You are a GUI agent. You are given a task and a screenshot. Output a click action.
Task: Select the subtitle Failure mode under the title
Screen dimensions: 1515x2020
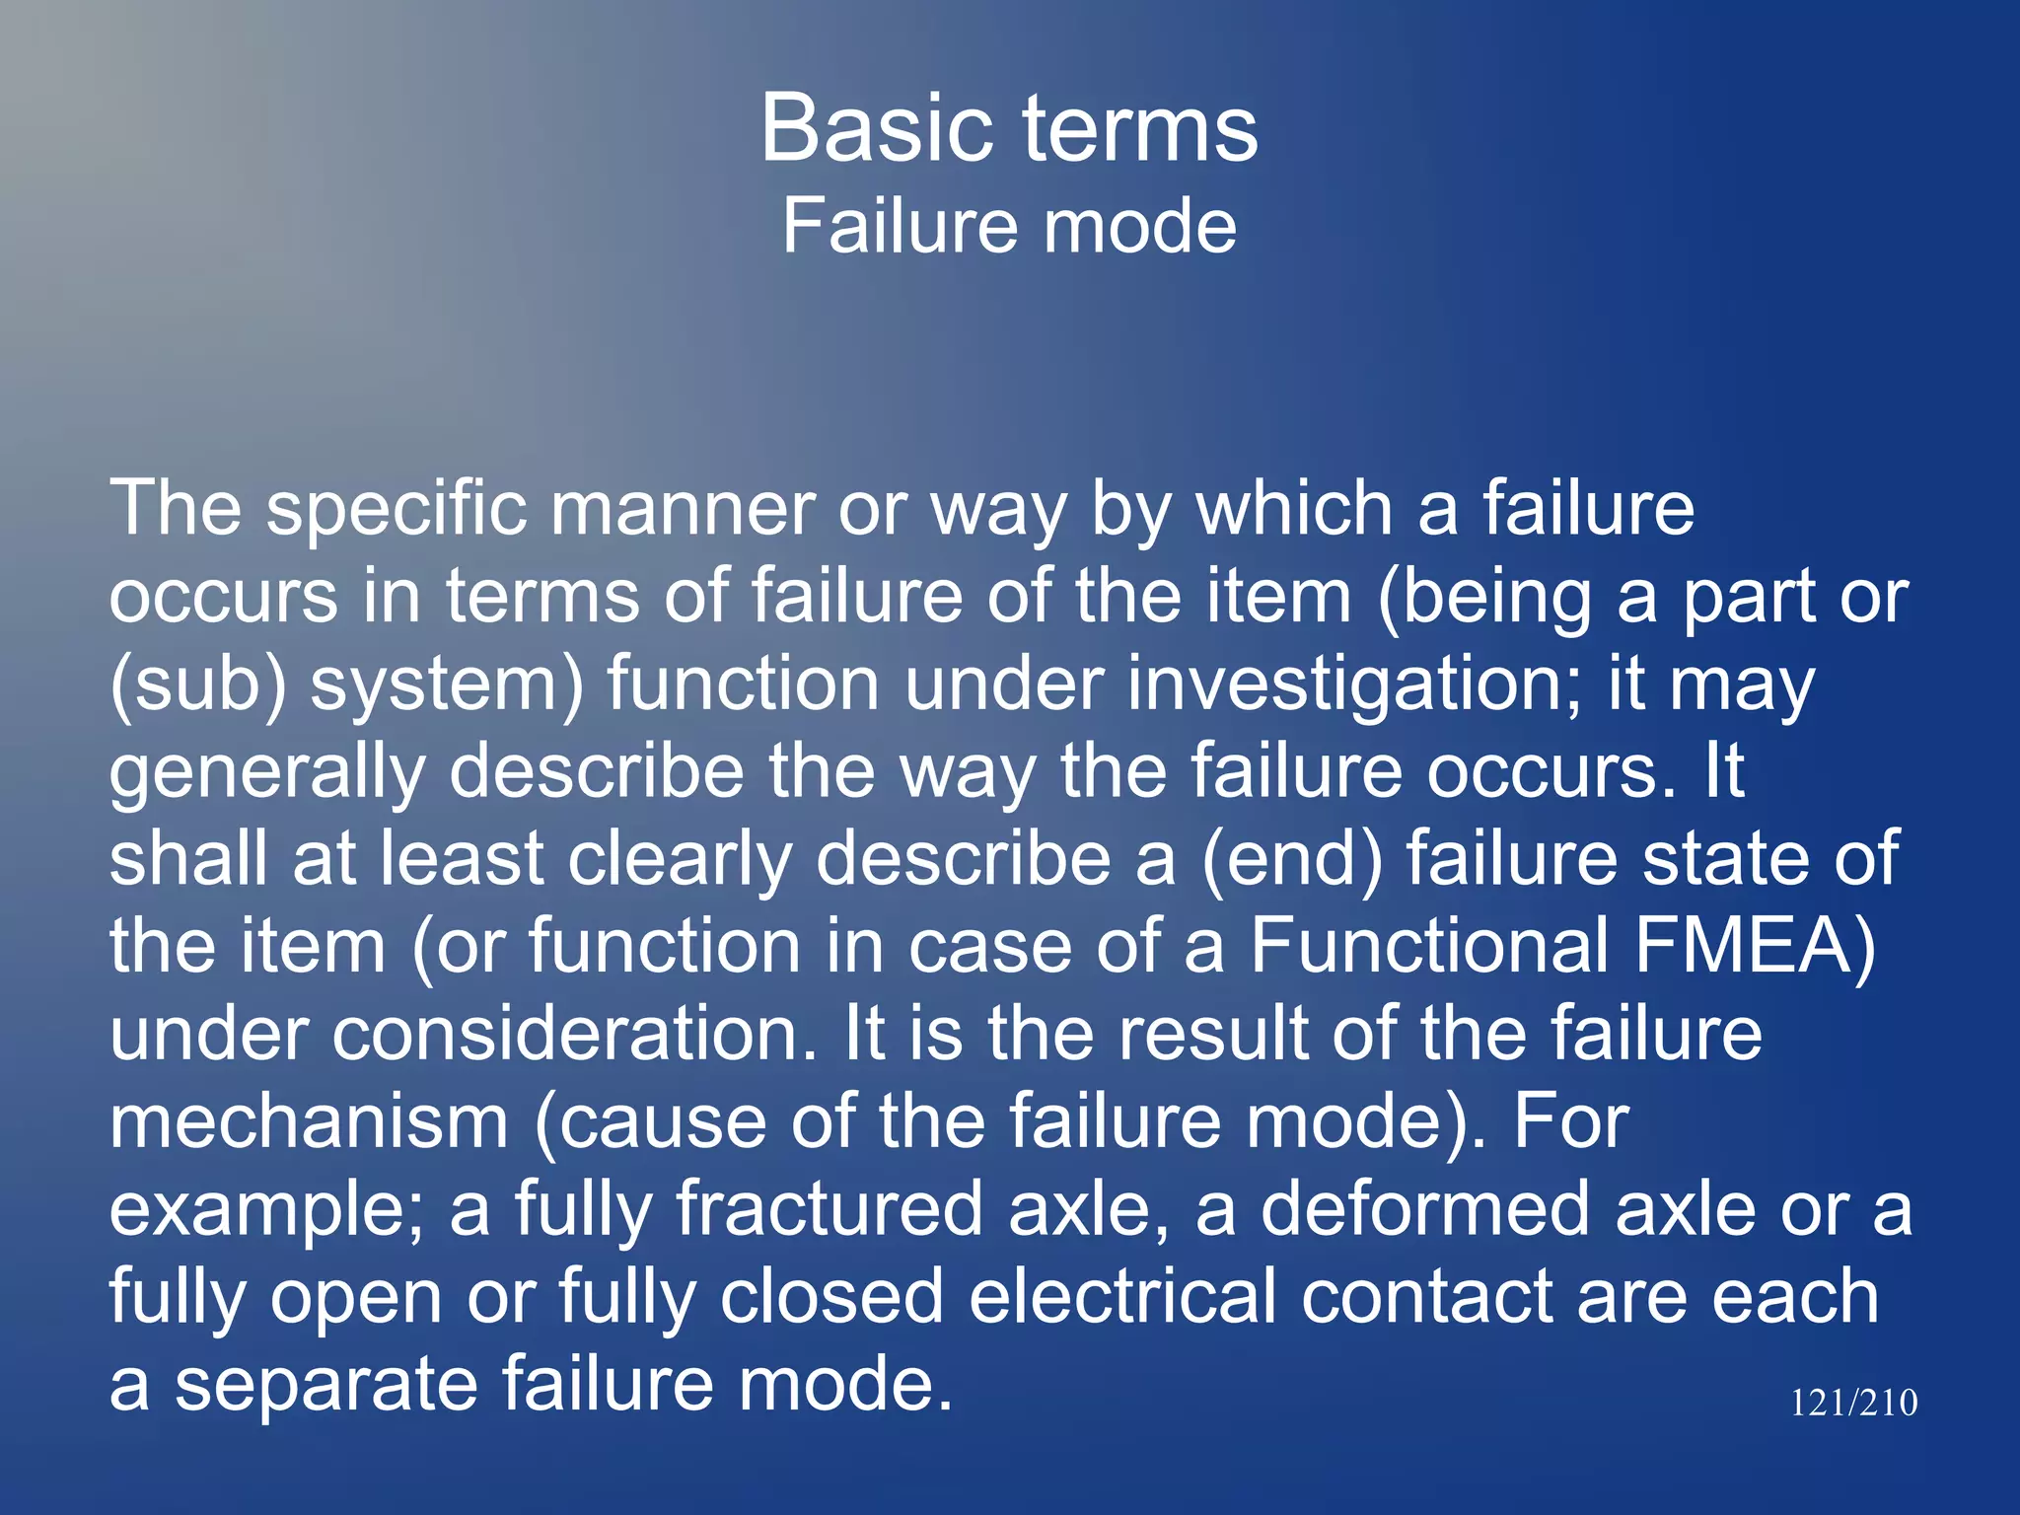tap(1009, 226)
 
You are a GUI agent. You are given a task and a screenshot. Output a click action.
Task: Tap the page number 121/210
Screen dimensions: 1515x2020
tap(1853, 1403)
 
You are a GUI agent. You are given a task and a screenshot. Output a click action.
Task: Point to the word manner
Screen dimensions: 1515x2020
tap(682, 510)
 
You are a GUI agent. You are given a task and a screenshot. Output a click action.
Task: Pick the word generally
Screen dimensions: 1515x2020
tap(266, 772)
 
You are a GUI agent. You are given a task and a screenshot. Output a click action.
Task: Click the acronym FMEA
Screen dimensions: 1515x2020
tap(1756, 946)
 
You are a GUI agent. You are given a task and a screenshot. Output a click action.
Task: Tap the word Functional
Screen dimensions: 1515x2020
tap(1430, 946)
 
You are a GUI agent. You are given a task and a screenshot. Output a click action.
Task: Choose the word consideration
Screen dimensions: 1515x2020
tap(575, 1034)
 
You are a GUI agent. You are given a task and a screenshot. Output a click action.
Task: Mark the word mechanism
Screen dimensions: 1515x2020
tap(309, 1121)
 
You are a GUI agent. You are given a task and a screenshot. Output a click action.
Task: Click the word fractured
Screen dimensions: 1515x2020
tap(829, 1209)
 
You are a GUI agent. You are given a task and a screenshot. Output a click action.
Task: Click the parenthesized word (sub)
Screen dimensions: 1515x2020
tap(197, 685)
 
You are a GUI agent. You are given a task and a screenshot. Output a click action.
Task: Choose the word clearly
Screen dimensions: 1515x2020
tap(680, 859)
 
